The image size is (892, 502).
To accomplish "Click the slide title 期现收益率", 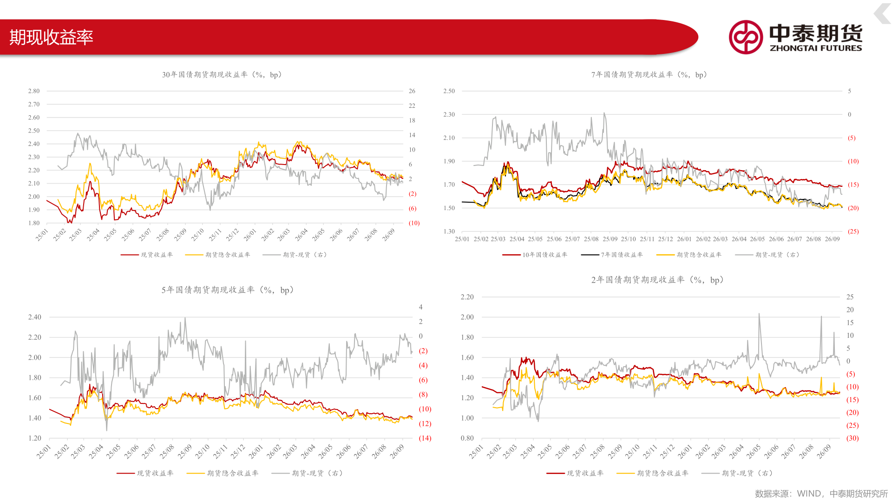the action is (x=51, y=37).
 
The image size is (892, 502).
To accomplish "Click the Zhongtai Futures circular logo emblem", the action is (x=746, y=37).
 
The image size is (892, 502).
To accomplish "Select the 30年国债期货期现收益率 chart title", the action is (x=222, y=75).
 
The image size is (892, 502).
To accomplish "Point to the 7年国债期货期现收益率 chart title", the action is (x=649, y=75).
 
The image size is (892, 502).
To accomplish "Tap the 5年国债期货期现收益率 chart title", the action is (x=228, y=290).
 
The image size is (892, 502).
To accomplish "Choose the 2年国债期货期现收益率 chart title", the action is (x=657, y=280).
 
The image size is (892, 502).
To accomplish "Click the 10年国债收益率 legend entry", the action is (x=535, y=255).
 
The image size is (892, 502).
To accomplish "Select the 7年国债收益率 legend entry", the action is (x=612, y=255).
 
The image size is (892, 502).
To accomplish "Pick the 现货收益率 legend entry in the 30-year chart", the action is (x=147, y=255).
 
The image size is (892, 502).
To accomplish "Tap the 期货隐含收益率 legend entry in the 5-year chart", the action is (x=223, y=473).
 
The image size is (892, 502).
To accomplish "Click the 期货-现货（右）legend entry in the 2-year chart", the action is (x=737, y=473).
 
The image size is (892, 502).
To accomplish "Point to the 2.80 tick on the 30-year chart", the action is (x=34, y=91).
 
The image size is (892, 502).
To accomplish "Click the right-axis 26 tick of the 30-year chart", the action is (x=412, y=91).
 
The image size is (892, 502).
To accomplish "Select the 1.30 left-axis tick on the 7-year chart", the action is (x=449, y=231).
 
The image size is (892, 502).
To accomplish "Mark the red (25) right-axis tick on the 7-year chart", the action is (x=853, y=231).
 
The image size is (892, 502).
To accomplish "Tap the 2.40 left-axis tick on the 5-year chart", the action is (x=35, y=317).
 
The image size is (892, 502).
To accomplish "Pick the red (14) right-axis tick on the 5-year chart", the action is (x=425, y=438).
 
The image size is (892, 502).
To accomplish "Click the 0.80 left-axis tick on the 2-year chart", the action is (x=467, y=438).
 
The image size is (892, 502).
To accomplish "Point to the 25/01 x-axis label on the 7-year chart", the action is (x=462, y=239).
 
